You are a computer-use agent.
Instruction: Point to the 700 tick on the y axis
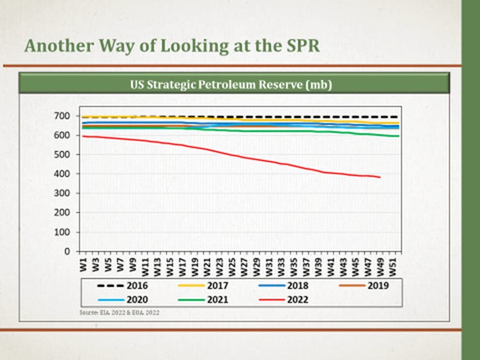tap(61, 116)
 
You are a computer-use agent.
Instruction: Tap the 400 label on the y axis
tap(61, 174)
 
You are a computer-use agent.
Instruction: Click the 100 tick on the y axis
tap(61, 232)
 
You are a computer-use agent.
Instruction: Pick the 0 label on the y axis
tap(66, 251)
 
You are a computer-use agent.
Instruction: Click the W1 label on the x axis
tap(83, 263)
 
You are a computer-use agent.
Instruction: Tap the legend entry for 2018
tap(286, 286)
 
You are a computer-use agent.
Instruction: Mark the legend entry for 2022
tap(286, 299)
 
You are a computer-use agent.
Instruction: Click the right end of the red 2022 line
tap(380, 177)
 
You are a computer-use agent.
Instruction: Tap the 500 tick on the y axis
tap(61, 155)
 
